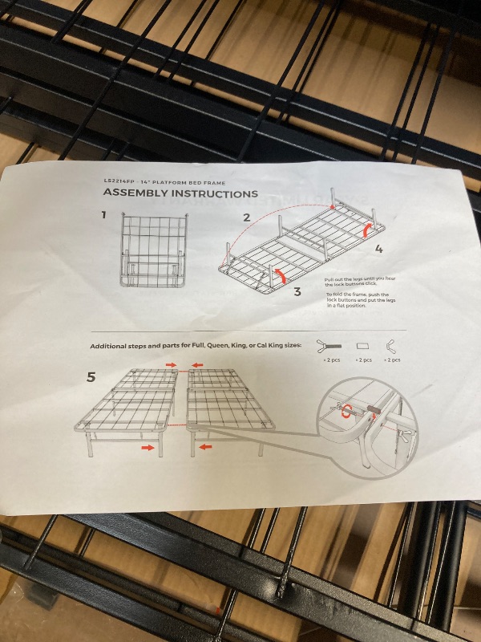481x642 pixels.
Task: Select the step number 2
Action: pos(247,217)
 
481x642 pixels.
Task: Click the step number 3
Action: pos(297,292)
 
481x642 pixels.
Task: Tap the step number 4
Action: pos(378,249)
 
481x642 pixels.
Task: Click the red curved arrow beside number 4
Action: pos(368,230)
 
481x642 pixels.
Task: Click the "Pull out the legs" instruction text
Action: pos(361,281)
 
